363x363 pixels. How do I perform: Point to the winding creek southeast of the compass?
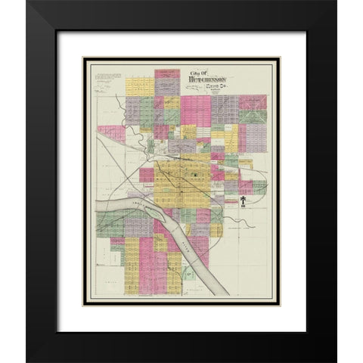[x=253, y=227]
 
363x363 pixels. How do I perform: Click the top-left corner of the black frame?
[x=28, y=4]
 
